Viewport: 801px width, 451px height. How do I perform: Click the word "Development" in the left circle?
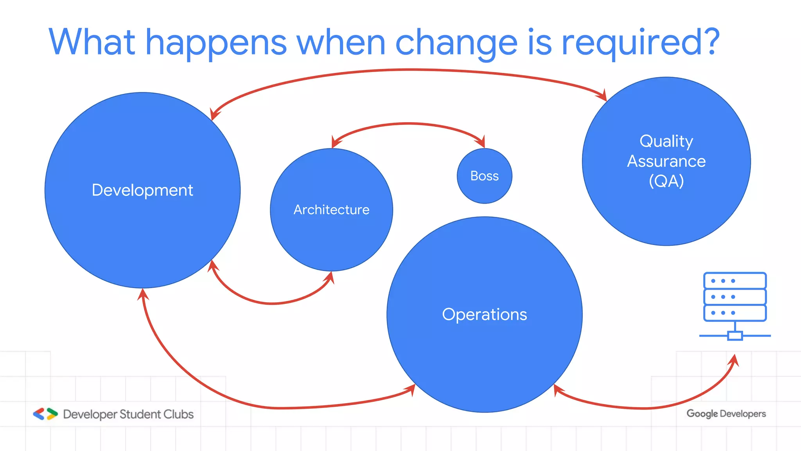tap(142, 190)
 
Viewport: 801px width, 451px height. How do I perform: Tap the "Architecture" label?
tap(331, 210)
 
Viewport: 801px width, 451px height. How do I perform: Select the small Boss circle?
tap(484, 176)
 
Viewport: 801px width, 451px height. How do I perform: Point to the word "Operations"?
tap(484, 314)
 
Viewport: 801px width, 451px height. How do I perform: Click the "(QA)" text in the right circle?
tap(666, 181)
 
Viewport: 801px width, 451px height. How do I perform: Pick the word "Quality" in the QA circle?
tap(666, 141)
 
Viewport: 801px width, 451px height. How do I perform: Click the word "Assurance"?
tap(666, 161)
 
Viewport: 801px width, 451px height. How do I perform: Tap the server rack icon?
tap(735, 305)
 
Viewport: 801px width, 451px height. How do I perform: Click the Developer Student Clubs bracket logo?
tap(45, 414)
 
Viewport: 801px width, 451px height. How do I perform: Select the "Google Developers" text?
tap(726, 414)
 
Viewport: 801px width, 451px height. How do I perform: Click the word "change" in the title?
tap(456, 43)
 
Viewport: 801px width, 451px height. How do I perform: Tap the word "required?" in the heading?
tap(640, 43)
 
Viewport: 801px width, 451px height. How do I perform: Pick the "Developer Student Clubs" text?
tap(128, 414)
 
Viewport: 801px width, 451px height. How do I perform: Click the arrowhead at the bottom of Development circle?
tap(143, 294)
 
